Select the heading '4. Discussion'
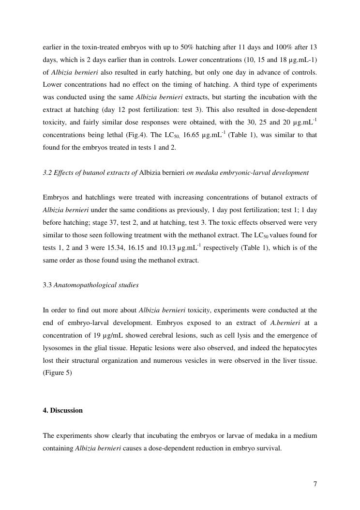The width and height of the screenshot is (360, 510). tap(62, 410)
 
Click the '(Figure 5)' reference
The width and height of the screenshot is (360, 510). tap(57, 373)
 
